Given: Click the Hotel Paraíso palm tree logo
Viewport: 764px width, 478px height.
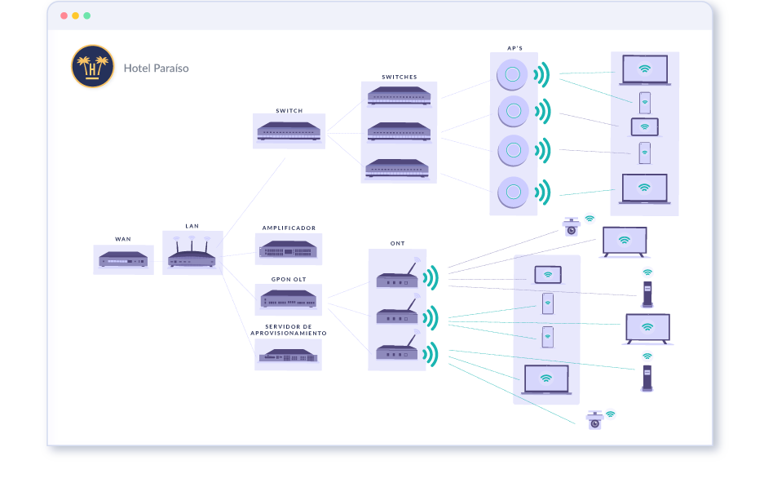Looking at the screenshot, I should [x=92, y=66].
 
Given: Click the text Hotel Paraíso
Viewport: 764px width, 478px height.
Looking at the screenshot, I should [x=156, y=68].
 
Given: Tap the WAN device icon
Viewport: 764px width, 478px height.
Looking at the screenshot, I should [x=123, y=259].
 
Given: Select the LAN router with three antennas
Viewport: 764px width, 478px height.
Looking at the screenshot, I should [x=192, y=254].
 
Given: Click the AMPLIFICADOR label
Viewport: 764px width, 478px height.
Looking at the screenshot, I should [x=289, y=228].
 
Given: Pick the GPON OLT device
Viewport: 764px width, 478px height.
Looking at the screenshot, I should [x=289, y=299].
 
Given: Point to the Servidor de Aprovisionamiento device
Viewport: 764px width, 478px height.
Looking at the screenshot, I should [x=288, y=355].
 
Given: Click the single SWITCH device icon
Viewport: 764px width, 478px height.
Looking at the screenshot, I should [x=289, y=131].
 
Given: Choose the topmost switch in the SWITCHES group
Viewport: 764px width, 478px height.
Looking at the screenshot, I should [x=398, y=95].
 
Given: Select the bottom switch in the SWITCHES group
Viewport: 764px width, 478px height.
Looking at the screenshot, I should [x=398, y=167].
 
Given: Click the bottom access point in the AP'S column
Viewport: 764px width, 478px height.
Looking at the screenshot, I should [x=513, y=192].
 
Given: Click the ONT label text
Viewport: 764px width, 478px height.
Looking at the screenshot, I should [x=397, y=243].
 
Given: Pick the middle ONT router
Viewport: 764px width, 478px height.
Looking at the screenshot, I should [x=397, y=314].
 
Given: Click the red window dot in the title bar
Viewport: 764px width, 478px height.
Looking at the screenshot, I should [x=64, y=15].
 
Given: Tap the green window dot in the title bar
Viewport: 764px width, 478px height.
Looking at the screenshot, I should [x=86, y=15].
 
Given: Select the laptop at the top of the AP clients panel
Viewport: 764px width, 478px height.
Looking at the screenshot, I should [x=644, y=70].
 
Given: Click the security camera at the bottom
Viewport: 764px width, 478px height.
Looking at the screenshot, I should [x=594, y=419].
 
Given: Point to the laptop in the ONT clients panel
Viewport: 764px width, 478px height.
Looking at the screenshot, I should [x=545, y=380].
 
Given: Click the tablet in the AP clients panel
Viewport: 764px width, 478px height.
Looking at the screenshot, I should [x=644, y=127].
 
